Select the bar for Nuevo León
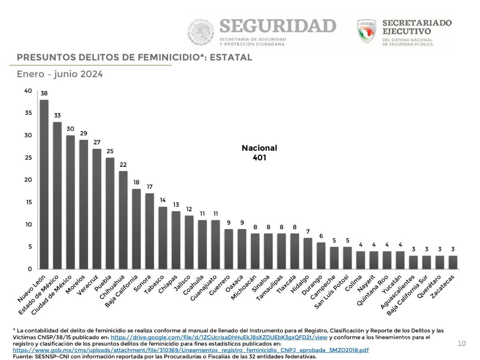44,184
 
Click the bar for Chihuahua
123,220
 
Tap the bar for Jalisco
189,242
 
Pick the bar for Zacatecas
453,262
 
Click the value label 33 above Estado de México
57,116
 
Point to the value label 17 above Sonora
150,187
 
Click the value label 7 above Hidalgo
308,231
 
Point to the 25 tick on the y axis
28,158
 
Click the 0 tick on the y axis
30,269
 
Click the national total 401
259,158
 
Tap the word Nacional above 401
259,148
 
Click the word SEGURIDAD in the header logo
278,26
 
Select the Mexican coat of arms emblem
201,32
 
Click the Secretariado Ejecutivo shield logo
367,31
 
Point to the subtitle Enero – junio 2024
60,74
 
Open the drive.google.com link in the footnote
219,337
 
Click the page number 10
462,344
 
